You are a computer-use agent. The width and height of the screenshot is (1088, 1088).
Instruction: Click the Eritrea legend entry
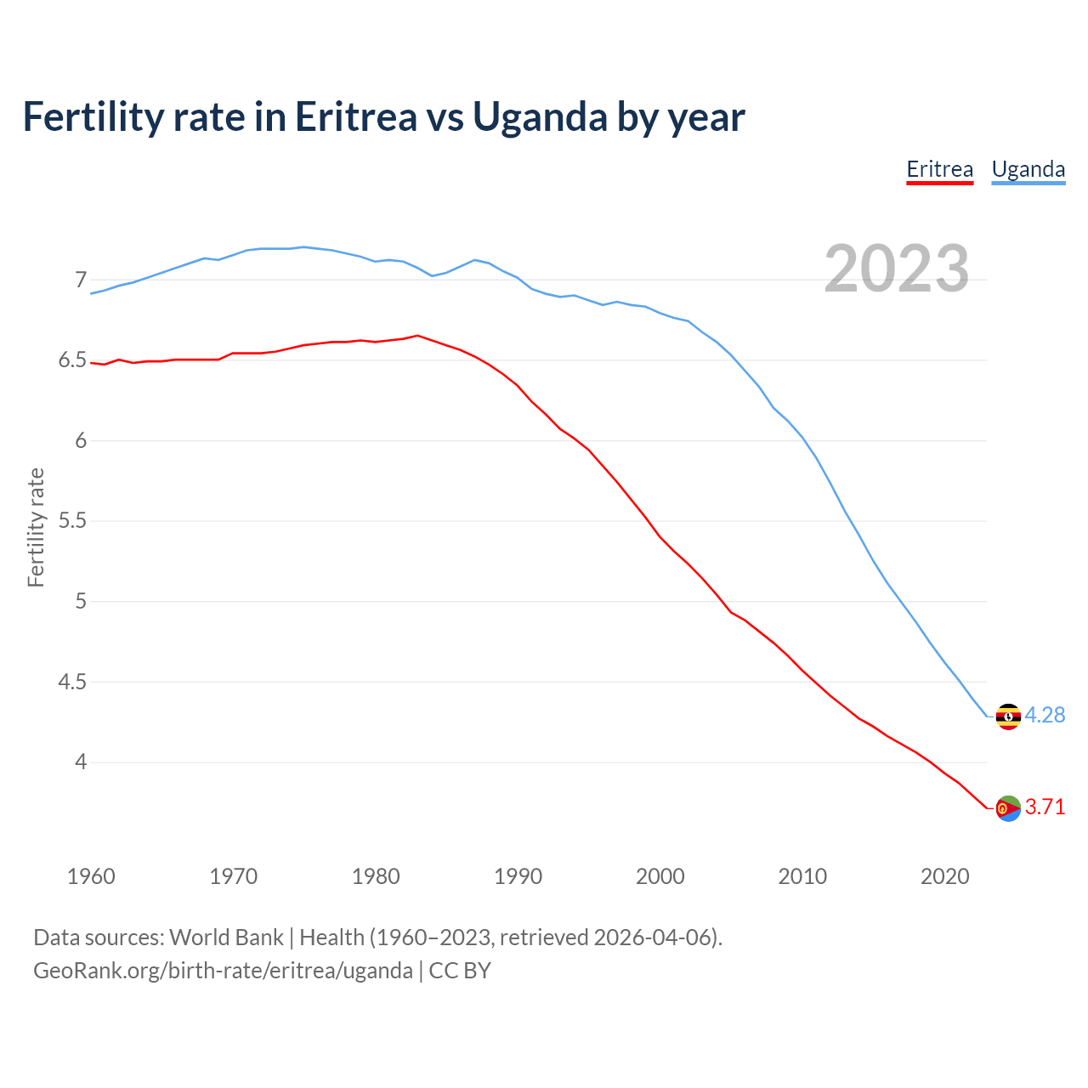pyautogui.click(x=939, y=169)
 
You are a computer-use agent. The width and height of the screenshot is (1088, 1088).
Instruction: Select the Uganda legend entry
pyautogui.click(x=1028, y=169)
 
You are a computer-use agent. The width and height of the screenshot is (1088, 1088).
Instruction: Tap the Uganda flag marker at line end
pyautogui.click(x=1008, y=717)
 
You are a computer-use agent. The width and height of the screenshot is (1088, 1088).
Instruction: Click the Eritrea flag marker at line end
pyautogui.click(x=1008, y=808)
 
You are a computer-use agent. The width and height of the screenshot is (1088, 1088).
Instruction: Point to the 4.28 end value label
pyautogui.click(x=1045, y=716)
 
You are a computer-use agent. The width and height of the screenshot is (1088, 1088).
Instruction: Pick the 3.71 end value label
pyautogui.click(x=1045, y=807)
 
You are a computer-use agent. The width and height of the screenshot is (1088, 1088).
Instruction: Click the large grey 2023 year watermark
pyautogui.click(x=897, y=269)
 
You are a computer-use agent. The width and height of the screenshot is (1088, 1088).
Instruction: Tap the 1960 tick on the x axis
pyautogui.click(x=91, y=876)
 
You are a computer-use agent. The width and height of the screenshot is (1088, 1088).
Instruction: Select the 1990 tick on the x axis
pyautogui.click(x=518, y=876)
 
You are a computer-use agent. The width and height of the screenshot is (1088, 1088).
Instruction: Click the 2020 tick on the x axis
pyautogui.click(x=944, y=876)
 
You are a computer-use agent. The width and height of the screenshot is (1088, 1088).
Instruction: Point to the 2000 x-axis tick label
pyautogui.click(x=660, y=876)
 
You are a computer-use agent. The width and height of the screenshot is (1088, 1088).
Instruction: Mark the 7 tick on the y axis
pyautogui.click(x=81, y=280)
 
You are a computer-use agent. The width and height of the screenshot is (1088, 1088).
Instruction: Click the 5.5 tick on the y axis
pyautogui.click(x=73, y=521)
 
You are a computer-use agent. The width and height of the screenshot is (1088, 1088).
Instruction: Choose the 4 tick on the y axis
pyautogui.click(x=81, y=762)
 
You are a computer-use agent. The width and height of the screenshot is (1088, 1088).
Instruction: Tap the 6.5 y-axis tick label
pyautogui.click(x=73, y=360)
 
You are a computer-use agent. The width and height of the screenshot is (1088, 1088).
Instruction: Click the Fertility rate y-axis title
pyautogui.click(x=36, y=527)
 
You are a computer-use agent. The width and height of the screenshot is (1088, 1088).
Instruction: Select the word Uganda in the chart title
pyautogui.click(x=540, y=116)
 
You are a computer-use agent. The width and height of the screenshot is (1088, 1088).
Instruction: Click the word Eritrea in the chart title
pyautogui.click(x=356, y=116)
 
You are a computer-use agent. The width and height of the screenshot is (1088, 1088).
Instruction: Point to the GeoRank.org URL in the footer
pyautogui.click(x=223, y=971)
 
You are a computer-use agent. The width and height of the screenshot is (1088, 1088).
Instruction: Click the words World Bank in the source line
pyautogui.click(x=226, y=938)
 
